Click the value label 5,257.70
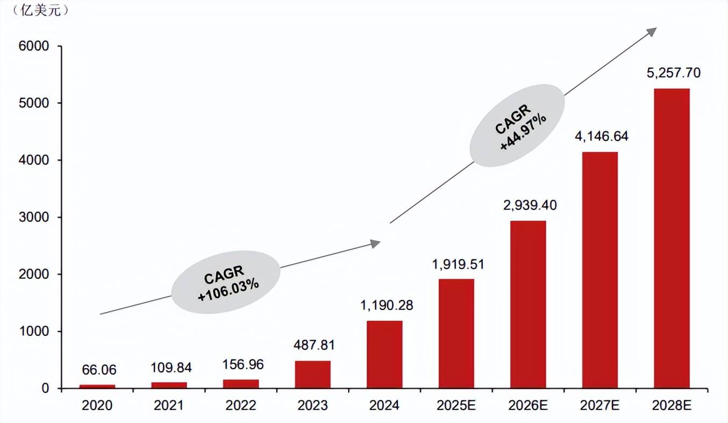click(x=672, y=73)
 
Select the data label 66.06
click(x=99, y=370)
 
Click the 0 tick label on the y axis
click(x=45, y=389)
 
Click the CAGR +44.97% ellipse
click(x=517, y=125)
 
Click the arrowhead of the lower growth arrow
click(x=375, y=244)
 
